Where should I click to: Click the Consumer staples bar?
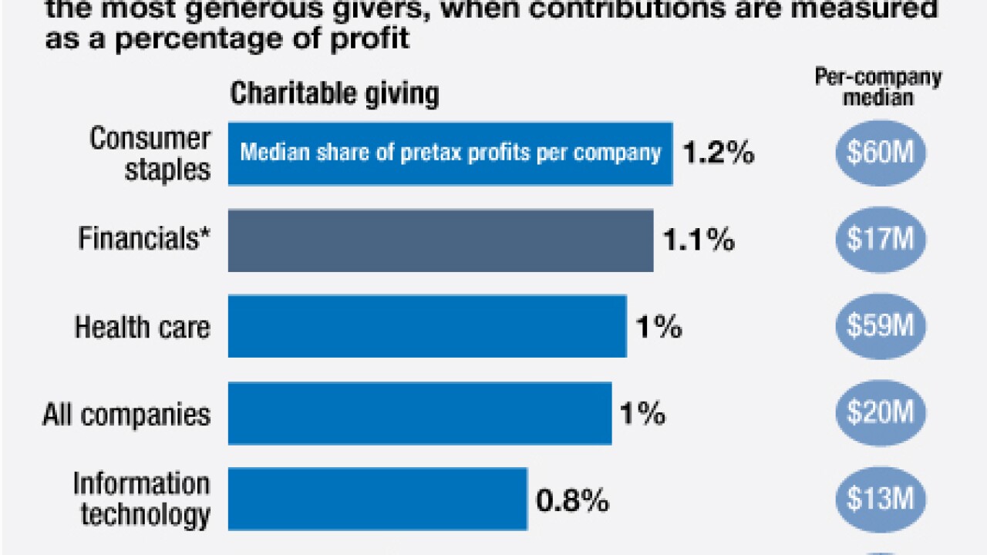[450, 153]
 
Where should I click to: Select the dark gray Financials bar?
[440, 240]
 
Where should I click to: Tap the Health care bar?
[427, 326]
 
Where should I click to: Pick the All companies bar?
[419, 413]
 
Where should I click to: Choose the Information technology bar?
[378, 499]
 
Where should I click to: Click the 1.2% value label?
[718, 153]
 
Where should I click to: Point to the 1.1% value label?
[699, 240]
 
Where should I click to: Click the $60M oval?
[881, 153]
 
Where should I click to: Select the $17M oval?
[881, 240]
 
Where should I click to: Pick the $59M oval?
[881, 326]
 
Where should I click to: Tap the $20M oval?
[881, 413]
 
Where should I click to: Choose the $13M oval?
[881, 499]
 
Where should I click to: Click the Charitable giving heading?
[335, 94]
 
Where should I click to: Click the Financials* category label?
[144, 240]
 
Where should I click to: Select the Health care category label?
[142, 327]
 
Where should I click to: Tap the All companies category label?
[126, 415]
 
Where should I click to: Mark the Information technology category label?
[142, 499]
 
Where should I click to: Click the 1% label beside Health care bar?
[658, 327]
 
